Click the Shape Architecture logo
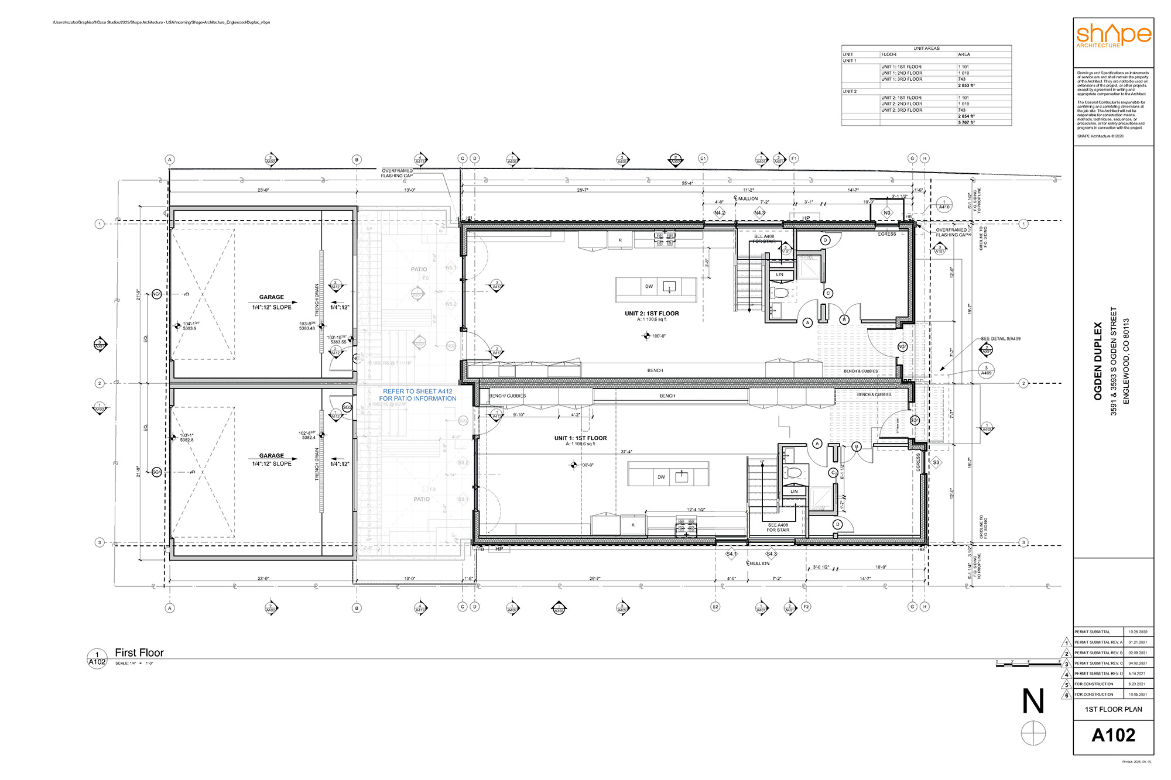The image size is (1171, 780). [x=1113, y=35]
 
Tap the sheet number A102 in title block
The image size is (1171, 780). [x=1113, y=735]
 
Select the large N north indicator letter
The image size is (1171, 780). [x=1033, y=702]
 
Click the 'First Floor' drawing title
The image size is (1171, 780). [x=139, y=652]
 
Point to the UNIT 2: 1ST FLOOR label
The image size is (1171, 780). [x=652, y=314]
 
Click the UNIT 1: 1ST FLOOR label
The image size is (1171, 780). [x=580, y=438]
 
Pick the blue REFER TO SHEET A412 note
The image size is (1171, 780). [x=417, y=395]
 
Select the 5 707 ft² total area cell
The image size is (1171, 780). [x=966, y=122]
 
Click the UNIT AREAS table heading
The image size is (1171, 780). [x=926, y=49]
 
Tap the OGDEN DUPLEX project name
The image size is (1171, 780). [x=1098, y=361]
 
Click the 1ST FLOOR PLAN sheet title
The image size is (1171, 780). [x=1113, y=709]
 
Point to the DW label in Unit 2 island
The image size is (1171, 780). [x=649, y=287]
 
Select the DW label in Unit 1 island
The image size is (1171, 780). [x=661, y=477]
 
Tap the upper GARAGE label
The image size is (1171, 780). [x=271, y=297]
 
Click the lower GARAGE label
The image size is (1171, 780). [x=271, y=455]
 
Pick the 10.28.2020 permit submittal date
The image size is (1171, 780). [x=1138, y=632]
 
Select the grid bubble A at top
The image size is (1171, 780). [x=170, y=160]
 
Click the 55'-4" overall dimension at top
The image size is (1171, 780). [x=687, y=183]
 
